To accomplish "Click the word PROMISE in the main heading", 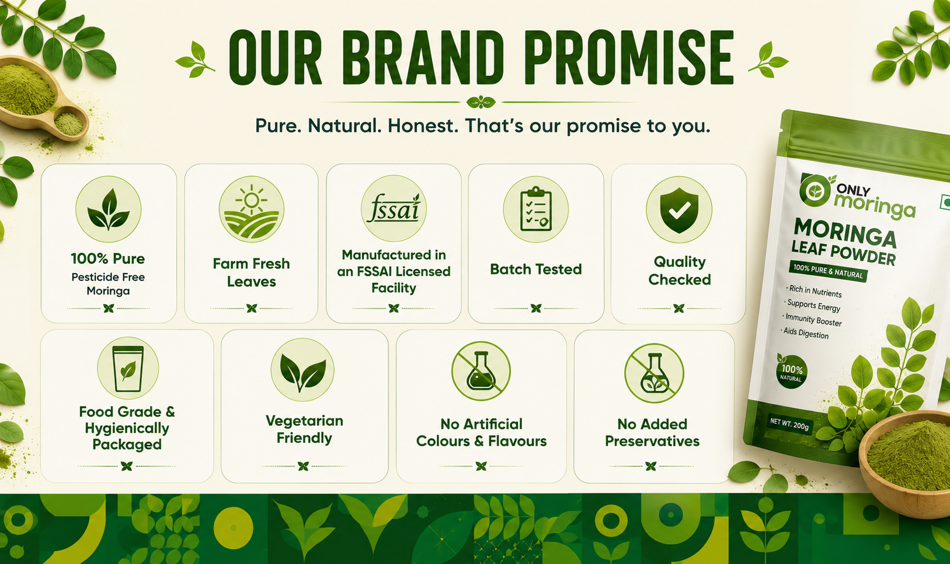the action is point(632,58).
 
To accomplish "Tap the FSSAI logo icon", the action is point(394,208).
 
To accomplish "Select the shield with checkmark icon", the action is point(679,210).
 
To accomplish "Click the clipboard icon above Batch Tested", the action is point(536,209).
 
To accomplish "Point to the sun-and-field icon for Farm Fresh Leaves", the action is point(252,209).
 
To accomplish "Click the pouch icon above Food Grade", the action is point(128,368).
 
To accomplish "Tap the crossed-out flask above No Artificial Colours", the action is point(481,371).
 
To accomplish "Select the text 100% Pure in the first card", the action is point(108,258).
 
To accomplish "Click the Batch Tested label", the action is point(536,269).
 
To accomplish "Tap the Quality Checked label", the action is point(680,271).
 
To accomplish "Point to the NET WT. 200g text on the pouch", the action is point(789,423).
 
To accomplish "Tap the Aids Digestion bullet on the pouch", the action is point(805,333).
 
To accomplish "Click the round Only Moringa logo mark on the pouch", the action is point(815,190).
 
